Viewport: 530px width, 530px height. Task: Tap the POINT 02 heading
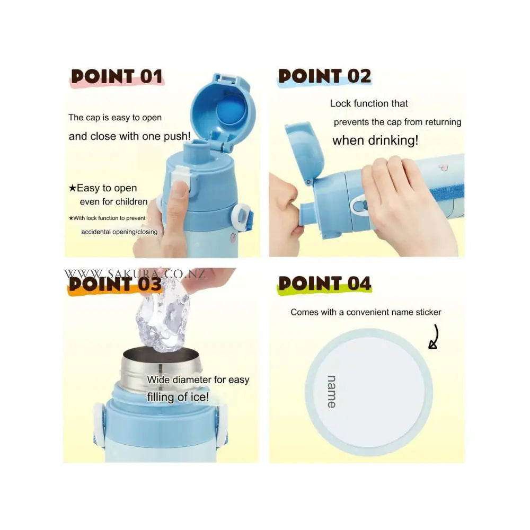[x=324, y=76]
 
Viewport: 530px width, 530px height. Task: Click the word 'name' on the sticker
[x=332, y=392]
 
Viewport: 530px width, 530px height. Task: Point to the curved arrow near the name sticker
[x=436, y=337]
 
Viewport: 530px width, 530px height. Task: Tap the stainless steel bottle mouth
[x=161, y=368]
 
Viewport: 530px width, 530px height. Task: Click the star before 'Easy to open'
[x=72, y=188]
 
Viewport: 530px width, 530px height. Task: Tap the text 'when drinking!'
[x=375, y=140]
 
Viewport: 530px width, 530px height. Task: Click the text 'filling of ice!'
[x=178, y=397]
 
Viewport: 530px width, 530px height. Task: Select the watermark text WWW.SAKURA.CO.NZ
[x=135, y=273]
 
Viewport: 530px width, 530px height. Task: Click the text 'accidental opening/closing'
[x=119, y=232]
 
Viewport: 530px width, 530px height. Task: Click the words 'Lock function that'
[x=369, y=103]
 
